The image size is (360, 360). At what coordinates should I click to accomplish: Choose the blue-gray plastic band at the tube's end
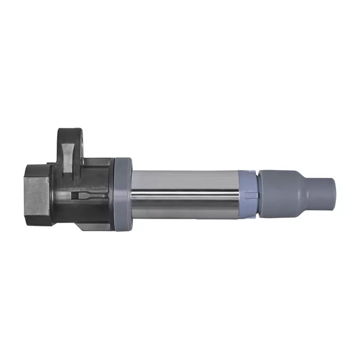(249, 191)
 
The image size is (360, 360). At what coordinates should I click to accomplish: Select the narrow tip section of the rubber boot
(322, 191)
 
